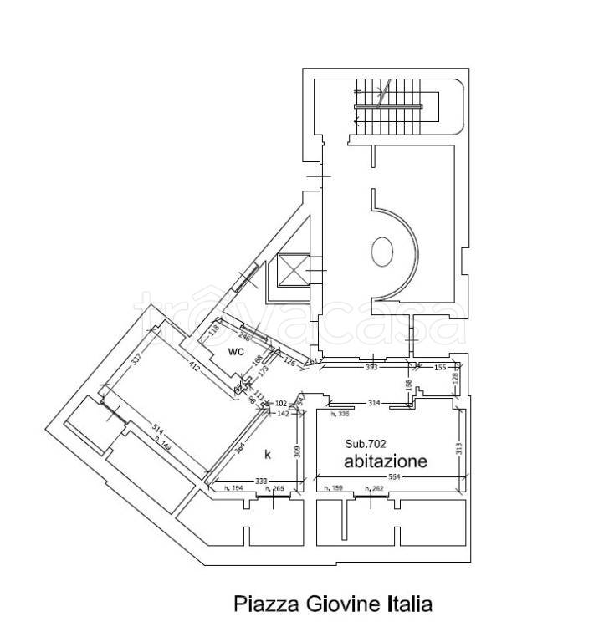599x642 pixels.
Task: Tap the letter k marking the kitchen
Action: pos(268,454)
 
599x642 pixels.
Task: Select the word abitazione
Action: pos(386,461)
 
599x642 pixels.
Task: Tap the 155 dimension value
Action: pos(439,367)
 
